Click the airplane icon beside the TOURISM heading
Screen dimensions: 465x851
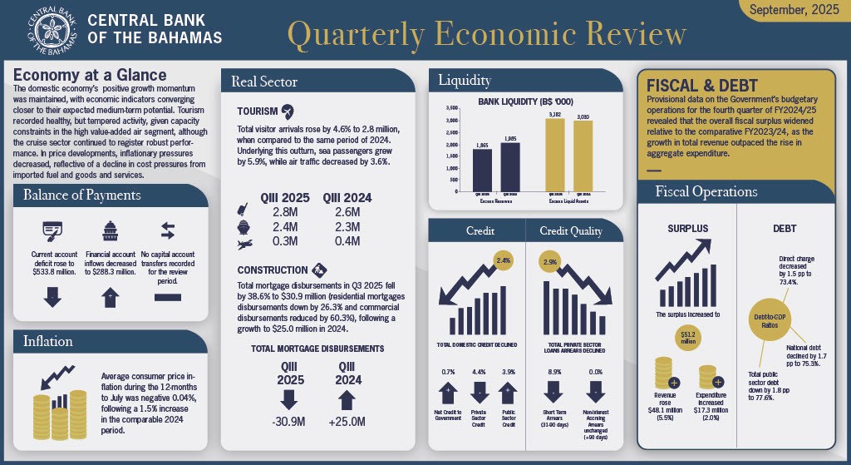click(x=288, y=111)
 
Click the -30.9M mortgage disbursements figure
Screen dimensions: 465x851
click(x=290, y=423)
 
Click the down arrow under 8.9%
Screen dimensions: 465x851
click(x=554, y=391)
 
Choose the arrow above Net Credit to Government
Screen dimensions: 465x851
click(x=448, y=391)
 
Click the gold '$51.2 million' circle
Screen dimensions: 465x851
click(x=687, y=336)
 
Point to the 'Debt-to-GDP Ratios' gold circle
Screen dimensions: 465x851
click(x=767, y=319)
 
